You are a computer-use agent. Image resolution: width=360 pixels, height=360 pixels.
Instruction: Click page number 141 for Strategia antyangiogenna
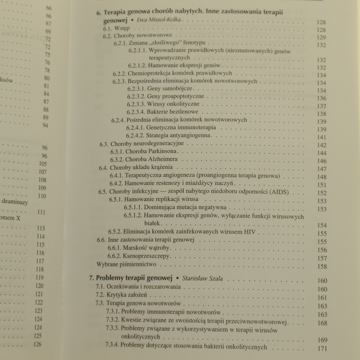pos(322,137)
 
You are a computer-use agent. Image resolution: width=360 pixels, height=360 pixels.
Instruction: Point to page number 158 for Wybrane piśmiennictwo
pos(322,267)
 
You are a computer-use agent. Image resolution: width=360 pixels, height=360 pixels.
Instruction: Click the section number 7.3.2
pos(112,320)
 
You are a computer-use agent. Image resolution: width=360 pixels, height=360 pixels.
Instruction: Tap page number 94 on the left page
pos(45,126)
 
